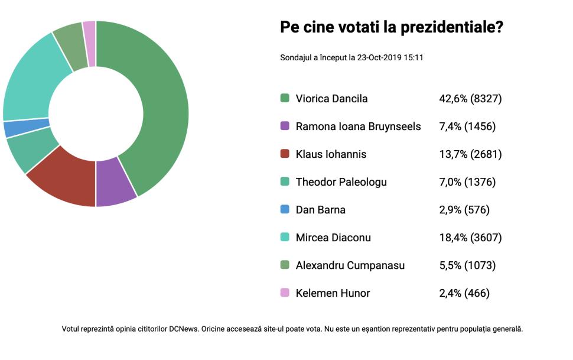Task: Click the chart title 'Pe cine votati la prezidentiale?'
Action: coord(391,27)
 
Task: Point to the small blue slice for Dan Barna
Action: coord(26,128)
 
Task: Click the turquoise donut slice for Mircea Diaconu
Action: coord(35,83)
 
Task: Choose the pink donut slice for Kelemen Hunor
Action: coord(89,35)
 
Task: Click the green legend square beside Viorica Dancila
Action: coord(285,99)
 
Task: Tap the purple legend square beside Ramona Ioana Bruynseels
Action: coord(285,127)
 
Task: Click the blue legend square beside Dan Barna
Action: coord(285,209)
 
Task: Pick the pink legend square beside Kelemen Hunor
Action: coord(285,293)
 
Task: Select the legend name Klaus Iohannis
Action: coord(331,154)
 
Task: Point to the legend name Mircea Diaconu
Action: coord(333,238)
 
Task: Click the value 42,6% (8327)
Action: coord(470,99)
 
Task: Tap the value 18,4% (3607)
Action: coord(470,238)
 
